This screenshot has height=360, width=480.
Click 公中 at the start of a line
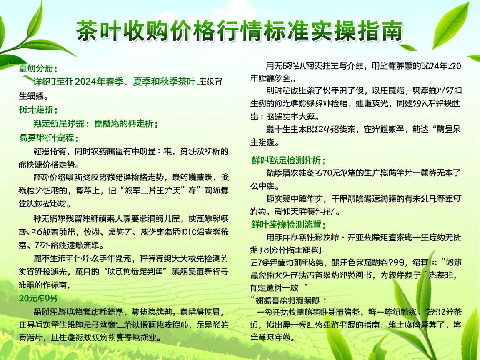click(x=259, y=185)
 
